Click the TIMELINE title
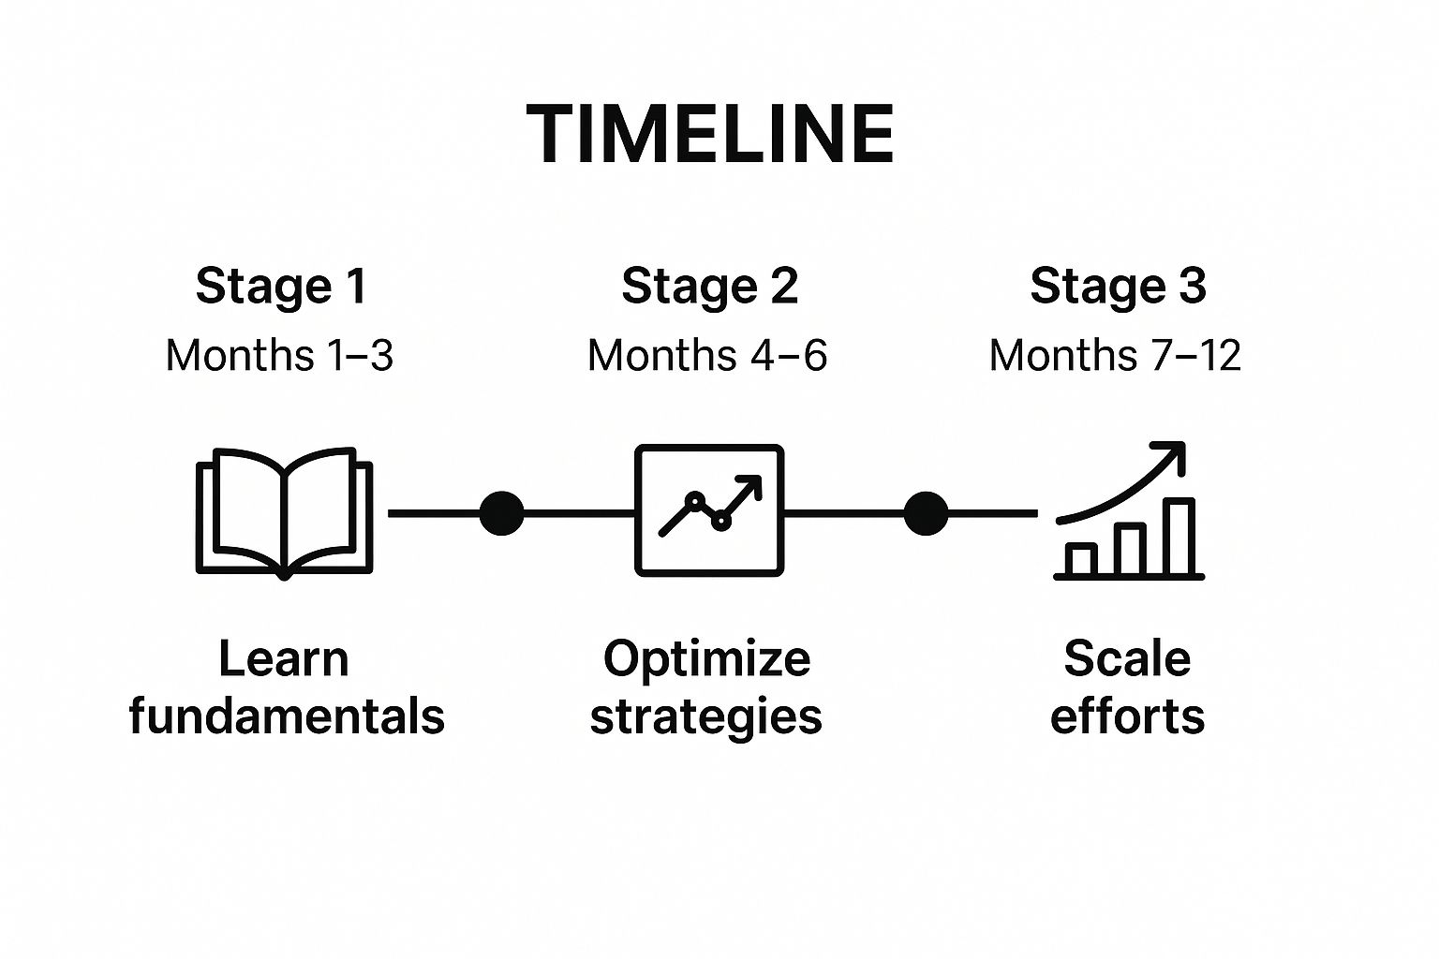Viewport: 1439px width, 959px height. tap(710, 134)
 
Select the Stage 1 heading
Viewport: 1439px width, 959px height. tap(280, 286)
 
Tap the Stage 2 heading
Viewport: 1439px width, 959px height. tap(709, 286)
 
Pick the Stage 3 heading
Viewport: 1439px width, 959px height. tap(1118, 286)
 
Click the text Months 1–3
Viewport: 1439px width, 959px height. tap(279, 356)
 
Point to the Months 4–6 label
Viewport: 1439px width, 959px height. tap(707, 356)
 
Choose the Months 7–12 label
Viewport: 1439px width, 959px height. tap(1115, 356)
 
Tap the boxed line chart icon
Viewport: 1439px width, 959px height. tap(709, 510)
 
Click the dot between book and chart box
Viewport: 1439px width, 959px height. tap(501, 513)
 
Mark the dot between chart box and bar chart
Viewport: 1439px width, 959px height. tap(926, 513)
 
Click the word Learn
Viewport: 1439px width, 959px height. tap(284, 658)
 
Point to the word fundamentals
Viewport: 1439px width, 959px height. tap(287, 716)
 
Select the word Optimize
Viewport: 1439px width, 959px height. tap(707, 658)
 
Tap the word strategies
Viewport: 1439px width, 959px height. tap(706, 716)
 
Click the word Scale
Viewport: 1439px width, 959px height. tap(1127, 658)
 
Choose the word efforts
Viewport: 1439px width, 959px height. tap(1127, 716)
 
